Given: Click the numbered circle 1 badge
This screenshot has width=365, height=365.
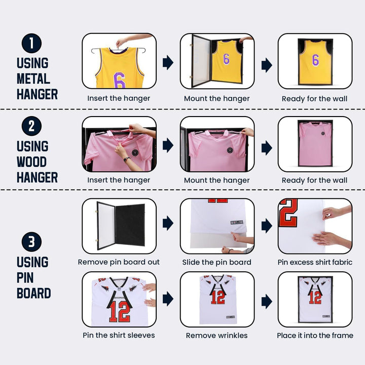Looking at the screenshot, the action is pyautogui.click(x=31, y=43).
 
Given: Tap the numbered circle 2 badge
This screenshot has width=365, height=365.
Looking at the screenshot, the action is pyautogui.click(x=31, y=126).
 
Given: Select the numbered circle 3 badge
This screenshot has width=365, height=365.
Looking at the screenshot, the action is pyautogui.click(x=31, y=242).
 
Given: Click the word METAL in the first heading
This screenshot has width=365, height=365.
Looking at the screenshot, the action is pyautogui.click(x=33, y=79).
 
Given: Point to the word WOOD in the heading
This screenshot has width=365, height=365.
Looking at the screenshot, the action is pyautogui.click(x=31, y=162).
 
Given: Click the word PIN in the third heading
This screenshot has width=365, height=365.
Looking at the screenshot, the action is pyautogui.click(x=25, y=277).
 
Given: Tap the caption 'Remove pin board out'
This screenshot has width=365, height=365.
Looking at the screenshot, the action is pyautogui.click(x=119, y=262).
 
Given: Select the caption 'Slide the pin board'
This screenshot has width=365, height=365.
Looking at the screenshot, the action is pyautogui.click(x=217, y=263).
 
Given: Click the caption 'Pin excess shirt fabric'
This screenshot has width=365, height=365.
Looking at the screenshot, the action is pyautogui.click(x=315, y=263).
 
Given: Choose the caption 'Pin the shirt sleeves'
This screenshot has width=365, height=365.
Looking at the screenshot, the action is pyautogui.click(x=119, y=335).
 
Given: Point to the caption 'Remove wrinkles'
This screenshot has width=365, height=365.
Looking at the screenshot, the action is pyautogui.click(x=217, y=336).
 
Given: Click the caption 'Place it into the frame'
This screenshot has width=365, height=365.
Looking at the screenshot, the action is pyautogui.click(x=315, y=336).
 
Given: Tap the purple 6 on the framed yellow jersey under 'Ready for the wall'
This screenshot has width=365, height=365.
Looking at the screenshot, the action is pyautogui.click(x=315, y=60).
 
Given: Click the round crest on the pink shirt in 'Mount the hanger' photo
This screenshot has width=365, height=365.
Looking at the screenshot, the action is pyautogui.click(x=230, y=150).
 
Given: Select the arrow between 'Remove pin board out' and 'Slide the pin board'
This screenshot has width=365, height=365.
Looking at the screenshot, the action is pyautogui.click(x=168, y=223).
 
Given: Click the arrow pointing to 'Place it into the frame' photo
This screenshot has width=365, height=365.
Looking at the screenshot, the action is pyautogui.click(x=267, y=302).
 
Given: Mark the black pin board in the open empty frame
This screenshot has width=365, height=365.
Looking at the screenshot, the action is pyautogui.click(x=130, y=225).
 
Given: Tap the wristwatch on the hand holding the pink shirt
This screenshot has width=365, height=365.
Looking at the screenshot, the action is pyautogui.click(x=127, y=159).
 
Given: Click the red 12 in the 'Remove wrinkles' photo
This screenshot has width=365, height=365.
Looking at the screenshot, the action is pyautogui.click(x=218, y=297).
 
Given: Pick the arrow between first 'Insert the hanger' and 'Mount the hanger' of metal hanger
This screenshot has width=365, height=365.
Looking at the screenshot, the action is pyautogui.click(x=168, y=62).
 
